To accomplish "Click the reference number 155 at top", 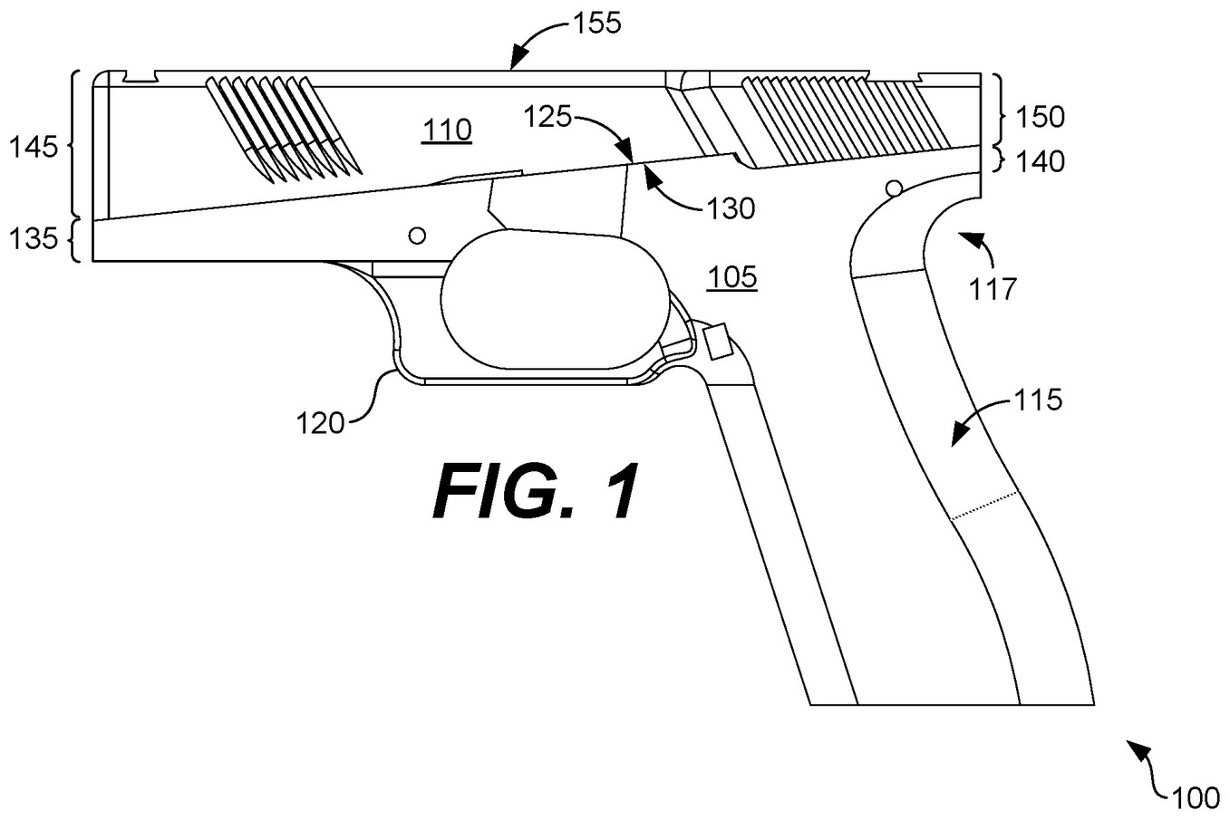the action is click(x=597, y=24).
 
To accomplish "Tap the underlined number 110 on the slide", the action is click(x=447, y=130).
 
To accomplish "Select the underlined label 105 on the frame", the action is click(x=732, y=277).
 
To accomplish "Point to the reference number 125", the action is click(x=547, y=116).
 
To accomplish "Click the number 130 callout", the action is click(x=731, y=209).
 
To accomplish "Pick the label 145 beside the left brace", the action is click(x=34, y=147).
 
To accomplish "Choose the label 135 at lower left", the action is click(x=34, y=239).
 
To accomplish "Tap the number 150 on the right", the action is click(x=1040, y=117).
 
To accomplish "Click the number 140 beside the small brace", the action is click(x=1040, y=162).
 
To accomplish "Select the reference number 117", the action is click(x=993, y=289).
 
